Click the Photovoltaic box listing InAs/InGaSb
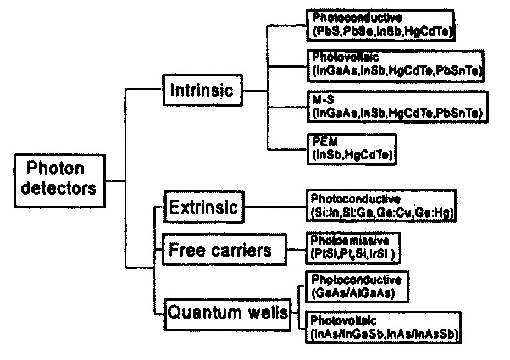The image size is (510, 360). point(385,326)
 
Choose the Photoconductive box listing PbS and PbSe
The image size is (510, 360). point(381,25)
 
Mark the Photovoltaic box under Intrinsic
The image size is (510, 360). point(396,64)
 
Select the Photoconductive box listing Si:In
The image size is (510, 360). point(381,206)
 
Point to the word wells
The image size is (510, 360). point(268,313)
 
